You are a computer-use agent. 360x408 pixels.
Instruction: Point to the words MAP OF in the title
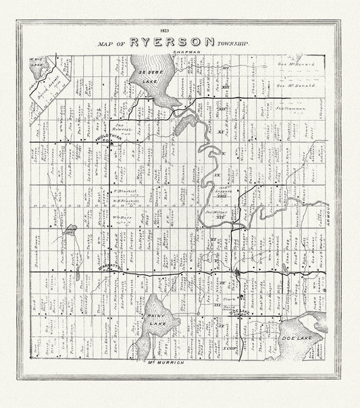pos(111,43)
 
